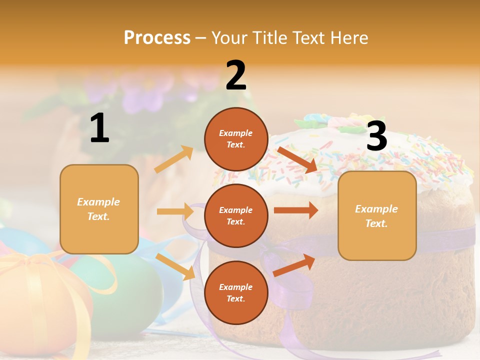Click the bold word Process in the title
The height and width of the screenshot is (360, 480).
[x=157, y=38]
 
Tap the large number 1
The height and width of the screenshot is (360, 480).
[x=99, y=128]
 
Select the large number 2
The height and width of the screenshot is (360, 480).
[x=236, y=75]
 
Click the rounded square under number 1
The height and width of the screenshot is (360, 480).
[x=99, y=209]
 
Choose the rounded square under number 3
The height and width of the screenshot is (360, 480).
[x=377, y=215]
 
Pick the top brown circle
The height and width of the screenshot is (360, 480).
[x=236, y=139]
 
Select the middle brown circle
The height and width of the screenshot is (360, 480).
[x=236, y=216]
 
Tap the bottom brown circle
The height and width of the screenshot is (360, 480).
[x=236, y=292]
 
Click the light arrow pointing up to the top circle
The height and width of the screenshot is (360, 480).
[x=174, y=159]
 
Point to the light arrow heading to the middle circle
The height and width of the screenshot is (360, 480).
[x=175, y=211]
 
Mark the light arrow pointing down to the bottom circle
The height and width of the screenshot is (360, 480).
[x=175, y=266]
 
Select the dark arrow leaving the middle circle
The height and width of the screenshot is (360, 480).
[x=296, y=210]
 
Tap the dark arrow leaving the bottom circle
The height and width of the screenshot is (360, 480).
[x=294, y=265]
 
